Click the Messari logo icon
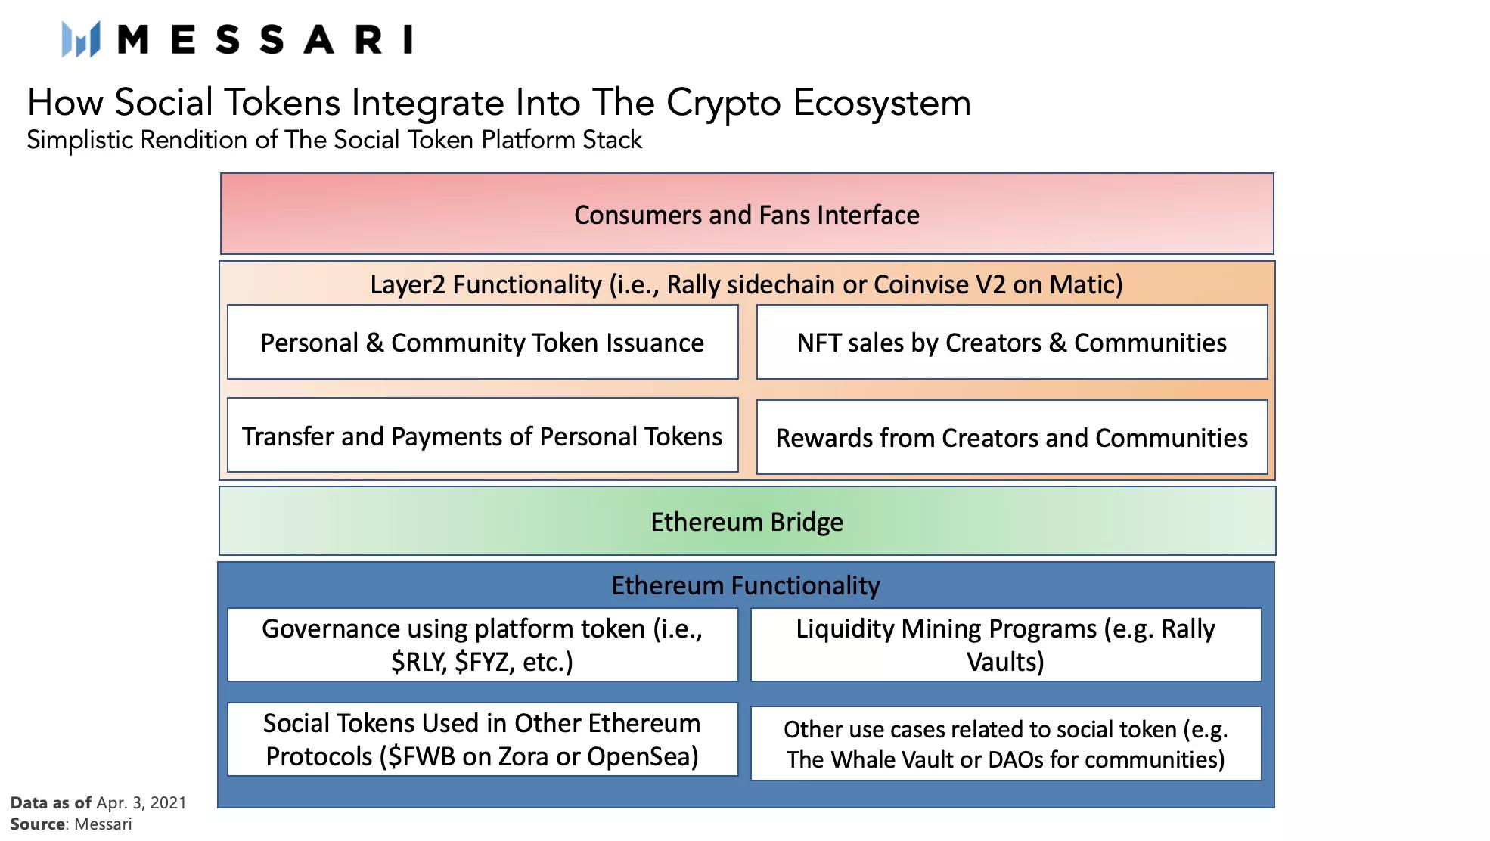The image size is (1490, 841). pyautogui.click(x=81, y=39)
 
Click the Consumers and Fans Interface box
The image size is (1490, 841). pyautogui.click(x=747, y=214)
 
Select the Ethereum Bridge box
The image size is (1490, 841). pyautogui.click(x=747, y=521)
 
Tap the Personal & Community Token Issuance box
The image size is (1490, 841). pyautogui.click(x=483, y=342)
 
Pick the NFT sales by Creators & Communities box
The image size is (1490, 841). pyautogui.click(x=1012, y=342)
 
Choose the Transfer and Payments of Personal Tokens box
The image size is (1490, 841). pyautogui.click(x=483, y=436)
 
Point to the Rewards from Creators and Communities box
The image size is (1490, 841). pyautogui.click(x=1012, y=437)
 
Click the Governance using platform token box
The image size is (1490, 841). pyautogui.click(x=483, y=644)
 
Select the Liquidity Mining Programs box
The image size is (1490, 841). pyautogui.click(x=1006, y=644)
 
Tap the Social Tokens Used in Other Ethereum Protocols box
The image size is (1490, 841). pyautogui.click(x=483, y=739)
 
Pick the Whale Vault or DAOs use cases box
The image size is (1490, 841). pyautogui.click(x=1006, y=743)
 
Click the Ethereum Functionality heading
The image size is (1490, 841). pyautogui.click(x=746, y=585)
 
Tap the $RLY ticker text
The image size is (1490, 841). pyautogui.click(x=419, y=663)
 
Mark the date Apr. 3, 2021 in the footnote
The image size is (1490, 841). pyautogui.click(x=141, y=803)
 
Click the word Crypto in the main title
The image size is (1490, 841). pyautogui.click(x=723, y=104)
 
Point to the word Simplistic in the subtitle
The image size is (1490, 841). pyautogui.click(x=80, y=141)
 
